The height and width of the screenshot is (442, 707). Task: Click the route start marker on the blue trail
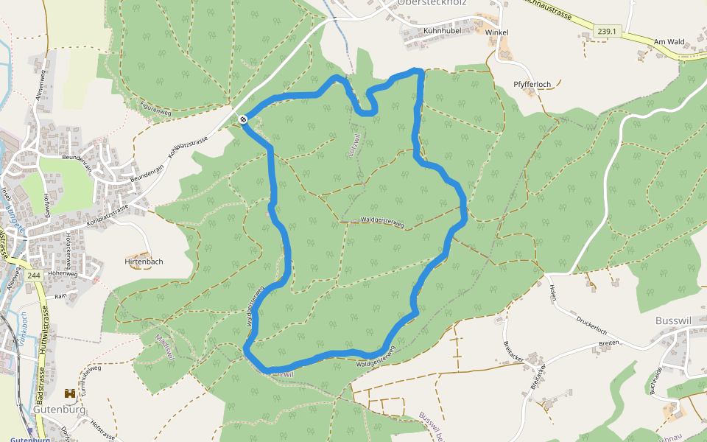[243, 119]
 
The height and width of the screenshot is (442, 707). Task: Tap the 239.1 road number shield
[607, 32]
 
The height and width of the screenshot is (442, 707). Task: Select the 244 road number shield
[33, 275]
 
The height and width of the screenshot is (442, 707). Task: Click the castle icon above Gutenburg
[70, 394]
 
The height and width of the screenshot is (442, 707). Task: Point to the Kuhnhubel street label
[442, 32]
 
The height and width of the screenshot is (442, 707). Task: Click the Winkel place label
[497, 32]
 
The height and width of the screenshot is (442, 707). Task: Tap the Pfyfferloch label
[532, 85]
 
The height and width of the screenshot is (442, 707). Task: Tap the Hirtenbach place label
[144, 262]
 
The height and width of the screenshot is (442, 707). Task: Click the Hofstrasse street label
[102, 430]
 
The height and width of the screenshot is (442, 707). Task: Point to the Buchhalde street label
[655, 379]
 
